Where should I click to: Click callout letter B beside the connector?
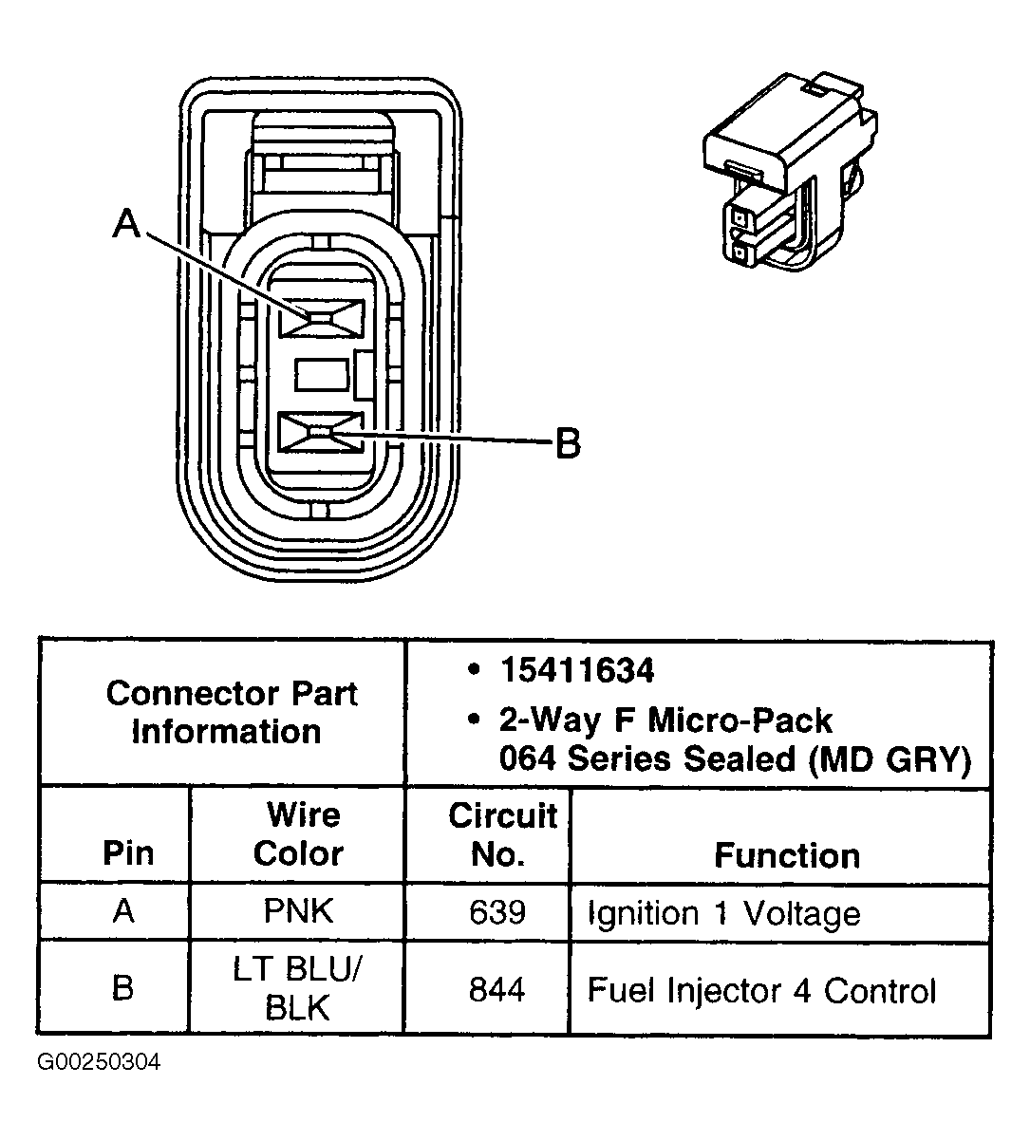click(567, 442)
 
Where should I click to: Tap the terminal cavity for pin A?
click(321, 318)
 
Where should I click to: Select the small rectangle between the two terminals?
click(322, 376)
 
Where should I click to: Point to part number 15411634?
click(577, 671)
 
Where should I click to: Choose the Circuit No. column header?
click(500, 833)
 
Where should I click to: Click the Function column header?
click(786, 855)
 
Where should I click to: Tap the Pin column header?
click(127, 852)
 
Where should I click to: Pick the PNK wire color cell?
click(297, 911)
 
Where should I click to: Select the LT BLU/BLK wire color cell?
click(297, 987)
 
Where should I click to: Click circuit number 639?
click(496, 912)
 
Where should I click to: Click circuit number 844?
click(496, 990)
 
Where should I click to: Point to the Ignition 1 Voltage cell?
click(723, 913)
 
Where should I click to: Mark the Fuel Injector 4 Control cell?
click(761, 990)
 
